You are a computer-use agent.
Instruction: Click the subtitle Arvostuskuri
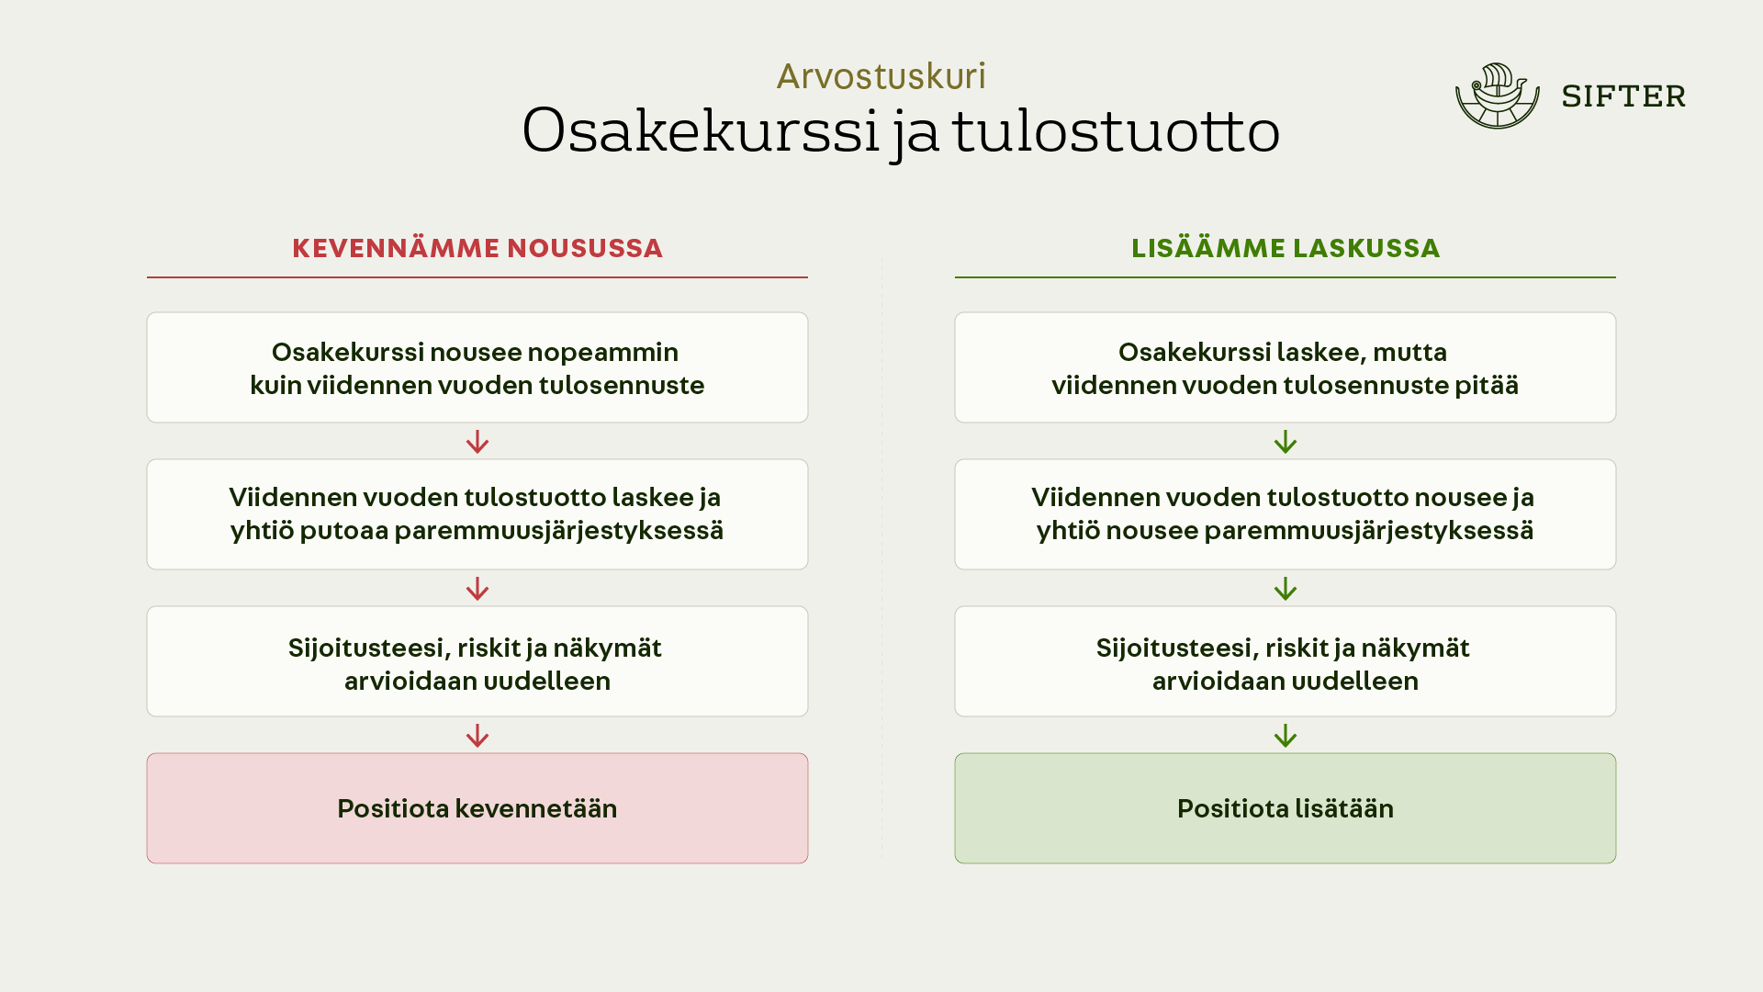click(x=881, y=76)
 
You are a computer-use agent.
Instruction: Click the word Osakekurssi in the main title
click(x=702, y=130)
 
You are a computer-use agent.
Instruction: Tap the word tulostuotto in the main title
click(x=1116, y=130)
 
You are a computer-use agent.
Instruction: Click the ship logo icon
click(x=1498, y=96)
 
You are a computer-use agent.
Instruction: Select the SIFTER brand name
click(x=1623, y=96)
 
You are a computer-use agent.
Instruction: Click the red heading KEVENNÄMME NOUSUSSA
click(x=477, y=248)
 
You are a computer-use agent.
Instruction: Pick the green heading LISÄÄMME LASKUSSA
click(x=1286, y=248)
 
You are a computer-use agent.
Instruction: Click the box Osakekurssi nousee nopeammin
click(x=477, y=367)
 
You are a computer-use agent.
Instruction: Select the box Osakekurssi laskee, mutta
click(x=1286, y=367)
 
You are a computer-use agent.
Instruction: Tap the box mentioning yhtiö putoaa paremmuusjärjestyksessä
click(x=477, y=514)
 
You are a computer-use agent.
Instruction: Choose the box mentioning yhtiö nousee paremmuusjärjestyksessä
click(x=1286, y=514)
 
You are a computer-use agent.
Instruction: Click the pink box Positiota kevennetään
click(x=477, y=808)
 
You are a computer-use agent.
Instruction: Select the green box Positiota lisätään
click(x=1286, y=808)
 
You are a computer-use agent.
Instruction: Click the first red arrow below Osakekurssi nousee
click(x=477, y=442)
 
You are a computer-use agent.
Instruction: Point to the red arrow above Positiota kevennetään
click(x=477, y=736)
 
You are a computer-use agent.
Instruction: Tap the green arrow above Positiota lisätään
click(x=1286, y=736)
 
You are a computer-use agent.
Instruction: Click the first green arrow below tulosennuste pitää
click(x=1286, y=442)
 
